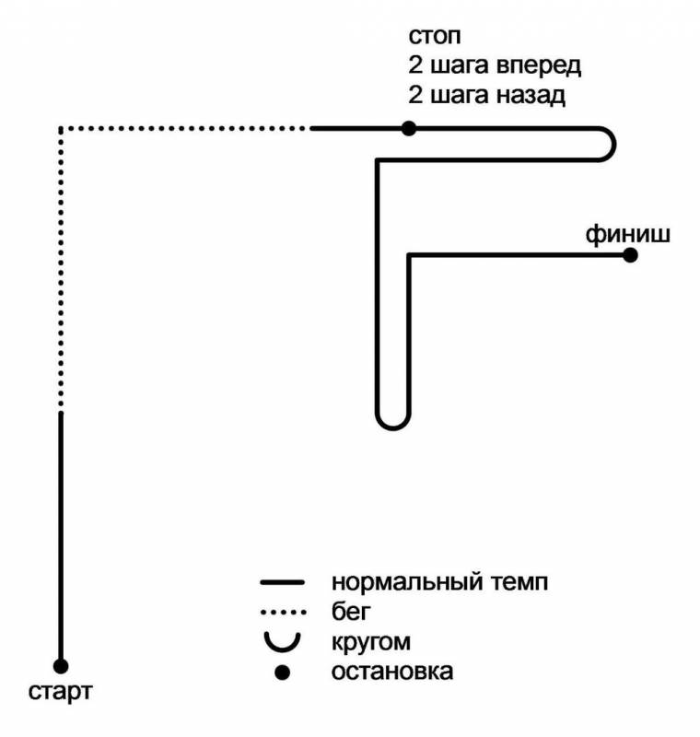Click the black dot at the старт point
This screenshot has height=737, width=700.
coord(61,666)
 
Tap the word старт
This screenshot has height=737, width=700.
coord(60,693)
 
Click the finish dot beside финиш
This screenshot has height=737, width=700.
coord(630,255)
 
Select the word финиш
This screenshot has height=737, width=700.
coord(627,234)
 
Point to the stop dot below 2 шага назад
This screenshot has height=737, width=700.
coord(409,128)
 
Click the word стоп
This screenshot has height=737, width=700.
coord(435,36)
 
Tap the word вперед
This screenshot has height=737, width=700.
coord(539,65)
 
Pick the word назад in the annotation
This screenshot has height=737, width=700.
coord(531,96)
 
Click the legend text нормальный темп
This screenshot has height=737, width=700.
coord(439,582)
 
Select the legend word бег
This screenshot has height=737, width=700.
coord(351,612)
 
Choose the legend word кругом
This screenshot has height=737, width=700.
coord(371,643)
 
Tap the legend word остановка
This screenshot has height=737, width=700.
coord(392,673)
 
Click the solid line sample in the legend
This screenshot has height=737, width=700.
coord(283,583)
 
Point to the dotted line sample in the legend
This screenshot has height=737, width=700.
coord(284,613)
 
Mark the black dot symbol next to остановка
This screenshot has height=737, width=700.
coord(282,673)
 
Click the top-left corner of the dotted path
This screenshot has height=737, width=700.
coord(61,128)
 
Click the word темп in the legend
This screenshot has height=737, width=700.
coord(519,583)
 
